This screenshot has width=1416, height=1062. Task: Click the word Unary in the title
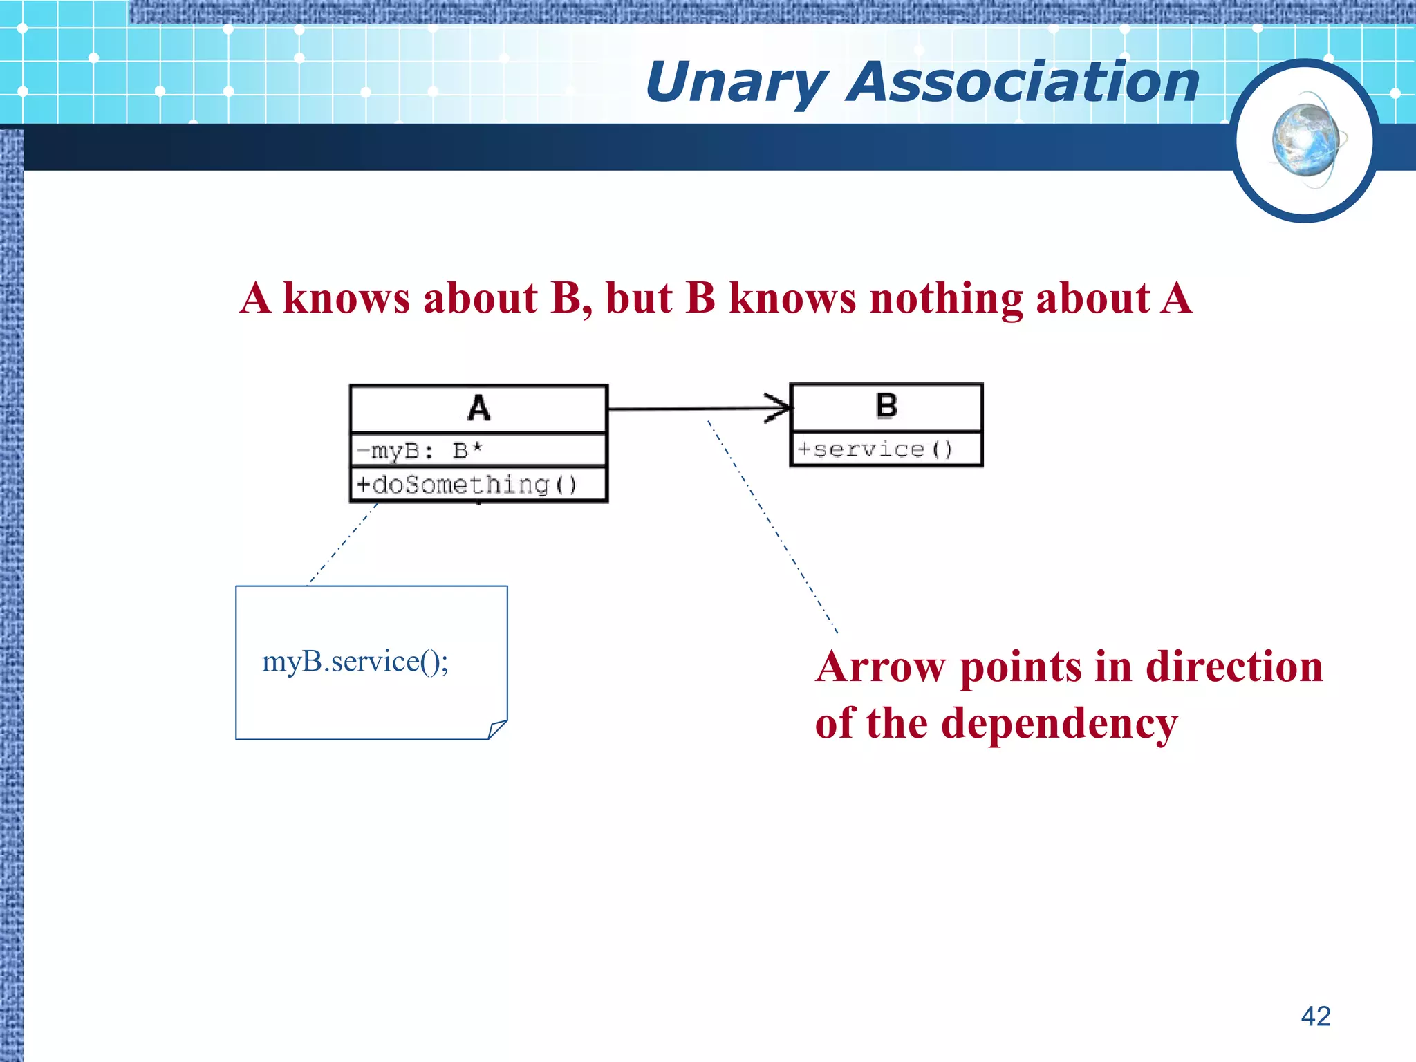[737, 83]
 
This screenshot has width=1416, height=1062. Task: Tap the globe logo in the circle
[1305, 141]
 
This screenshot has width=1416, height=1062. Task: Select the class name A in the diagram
[478, 408]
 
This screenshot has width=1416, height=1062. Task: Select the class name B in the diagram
[886, 406]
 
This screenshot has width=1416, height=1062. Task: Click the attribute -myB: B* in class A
[419, 451]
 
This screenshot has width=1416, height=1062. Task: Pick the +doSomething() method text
[467, 485]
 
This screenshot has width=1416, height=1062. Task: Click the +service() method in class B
[875, 450]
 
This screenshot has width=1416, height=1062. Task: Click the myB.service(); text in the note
[355, 662]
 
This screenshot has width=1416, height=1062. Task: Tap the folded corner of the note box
[496, 729]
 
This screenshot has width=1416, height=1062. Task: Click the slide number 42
[1315, 1016]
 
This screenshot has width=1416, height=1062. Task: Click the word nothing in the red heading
[945, 299]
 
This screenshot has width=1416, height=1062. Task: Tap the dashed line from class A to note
[342, 544]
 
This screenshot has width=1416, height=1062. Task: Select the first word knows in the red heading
[346, 299]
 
